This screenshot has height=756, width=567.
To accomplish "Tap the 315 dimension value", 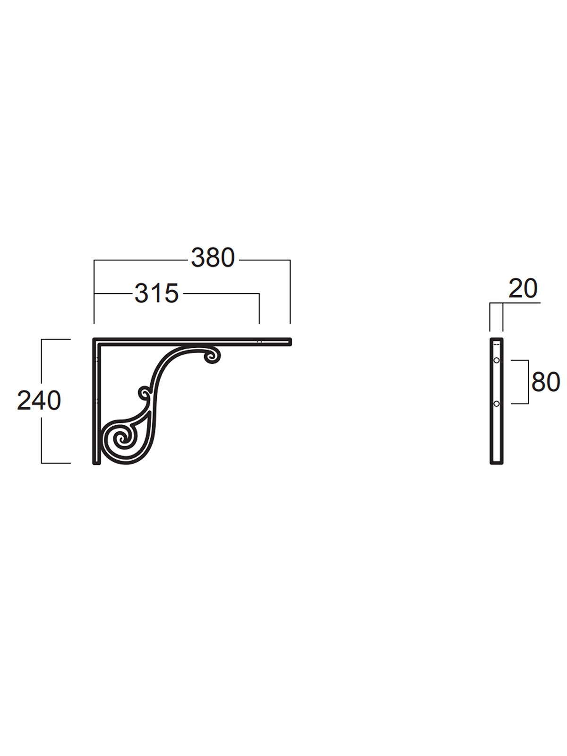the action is (x=157, y=293).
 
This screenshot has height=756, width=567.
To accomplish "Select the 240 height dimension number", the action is (x=39, y=400).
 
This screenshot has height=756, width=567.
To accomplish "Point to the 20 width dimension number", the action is (x=523, y=288).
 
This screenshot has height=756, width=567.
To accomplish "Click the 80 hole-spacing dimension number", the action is (x=546, y=382).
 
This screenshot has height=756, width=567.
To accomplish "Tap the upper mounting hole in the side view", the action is (x=496, y=360).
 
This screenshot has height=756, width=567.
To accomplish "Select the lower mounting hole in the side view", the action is (x=496, y=404).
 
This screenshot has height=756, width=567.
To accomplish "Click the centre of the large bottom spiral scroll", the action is (x=121, y=440).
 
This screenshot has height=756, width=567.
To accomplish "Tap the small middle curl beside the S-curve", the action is (x=144, y=392).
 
